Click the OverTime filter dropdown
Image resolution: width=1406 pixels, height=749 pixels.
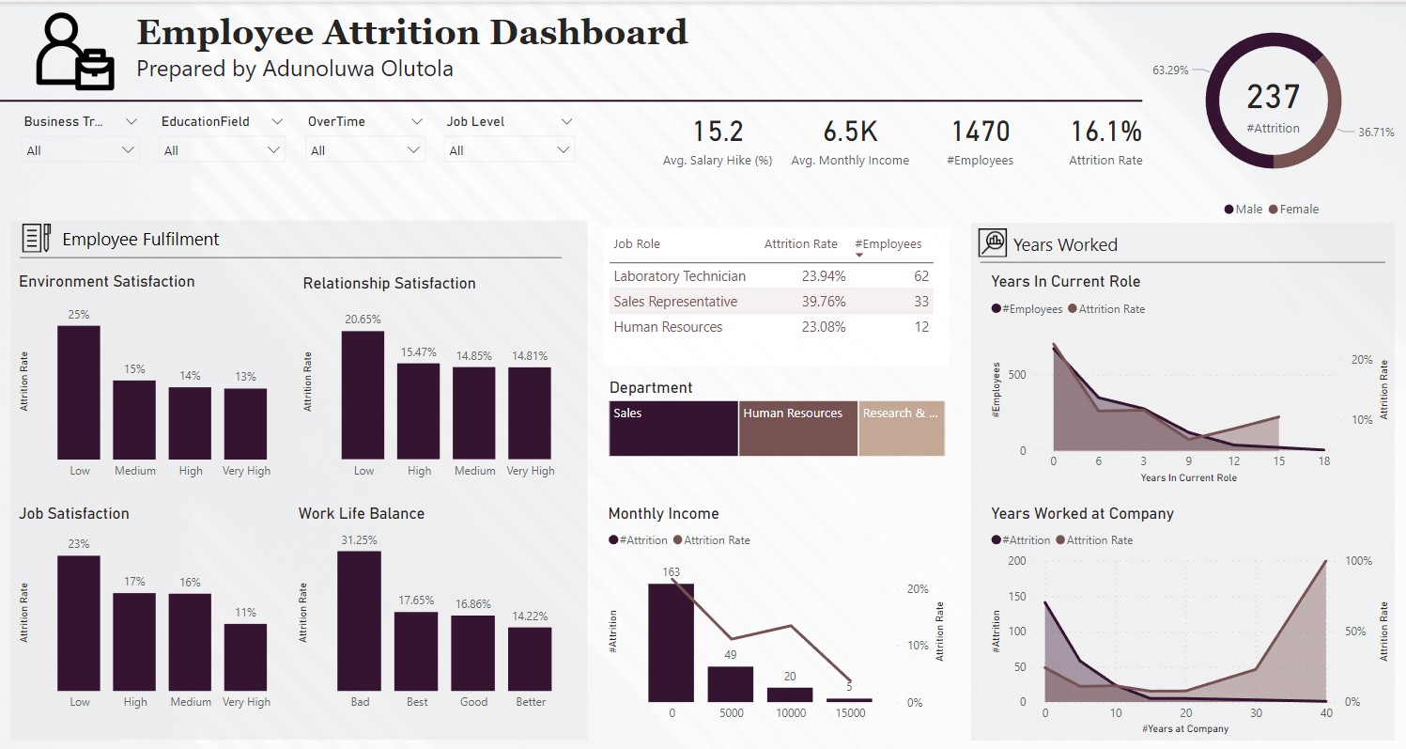[x=364, y=150]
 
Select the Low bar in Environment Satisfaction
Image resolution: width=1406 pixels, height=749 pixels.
[x=79, y=392]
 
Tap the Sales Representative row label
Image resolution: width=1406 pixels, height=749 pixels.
[x=675, y=302]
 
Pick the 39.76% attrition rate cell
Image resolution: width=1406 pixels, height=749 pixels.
[x=823, y=302]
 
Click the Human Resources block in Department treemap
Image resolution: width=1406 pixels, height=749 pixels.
[x=797, y=429]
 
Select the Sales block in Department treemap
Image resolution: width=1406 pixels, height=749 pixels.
[x=673, y=429]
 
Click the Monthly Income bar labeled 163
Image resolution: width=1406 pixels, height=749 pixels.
[x=671, y=643]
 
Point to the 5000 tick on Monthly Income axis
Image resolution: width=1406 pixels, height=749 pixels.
[x=731, y=713]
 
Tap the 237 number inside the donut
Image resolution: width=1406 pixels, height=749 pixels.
[x=1274, y=97]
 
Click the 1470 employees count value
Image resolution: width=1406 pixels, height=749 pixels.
[x=981, y=132]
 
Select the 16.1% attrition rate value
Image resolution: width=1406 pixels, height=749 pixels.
[x=1105, y=132]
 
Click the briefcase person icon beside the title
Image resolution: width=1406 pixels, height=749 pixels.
[x=75, y=54]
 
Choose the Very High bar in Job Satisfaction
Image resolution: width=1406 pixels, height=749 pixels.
[x=245, y=658]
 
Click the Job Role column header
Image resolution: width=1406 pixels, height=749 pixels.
[x=637, y=244]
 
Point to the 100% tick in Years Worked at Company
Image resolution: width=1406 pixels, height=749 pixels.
[x=1359, y=561]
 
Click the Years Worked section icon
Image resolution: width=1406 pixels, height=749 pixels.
[x=992, y=243]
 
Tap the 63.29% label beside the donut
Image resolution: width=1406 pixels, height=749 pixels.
[x=1170, y=70]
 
